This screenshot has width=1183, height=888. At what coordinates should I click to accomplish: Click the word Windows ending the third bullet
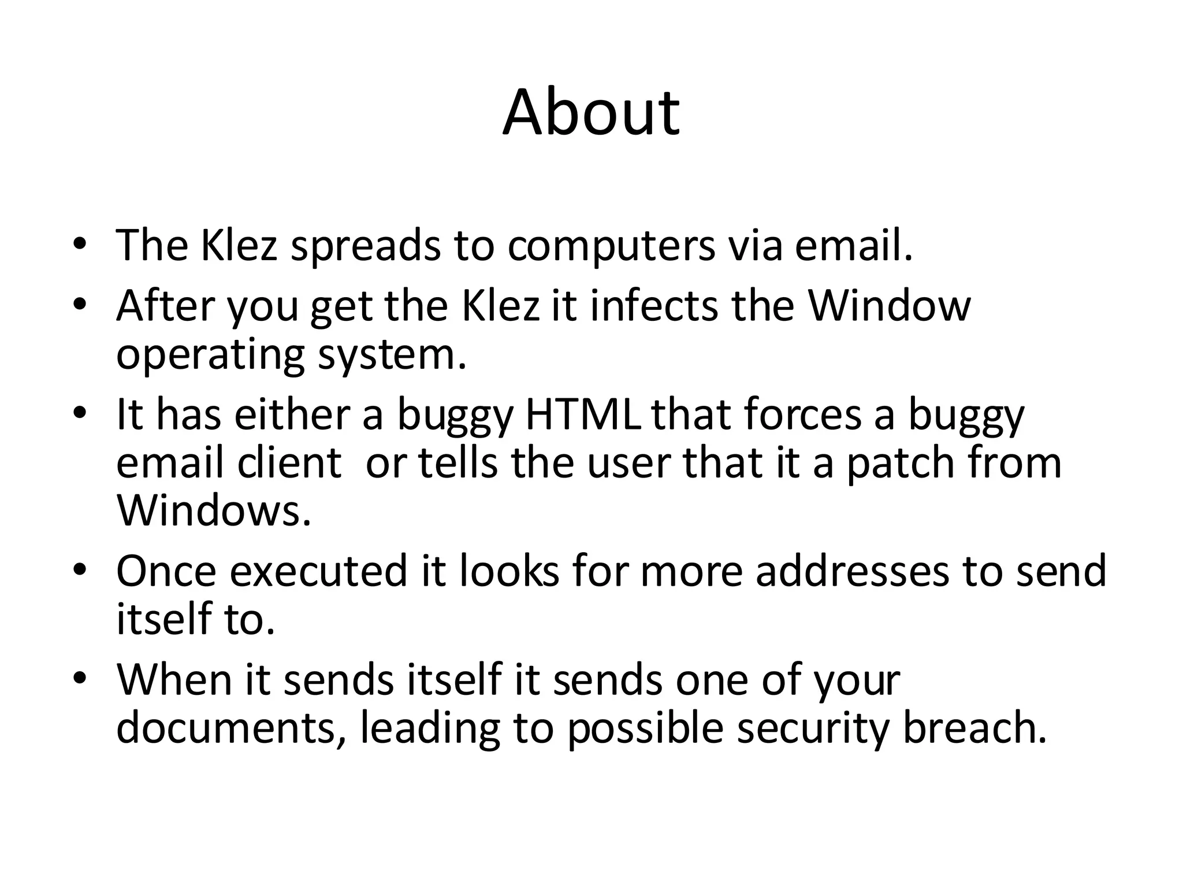(214, 511)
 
